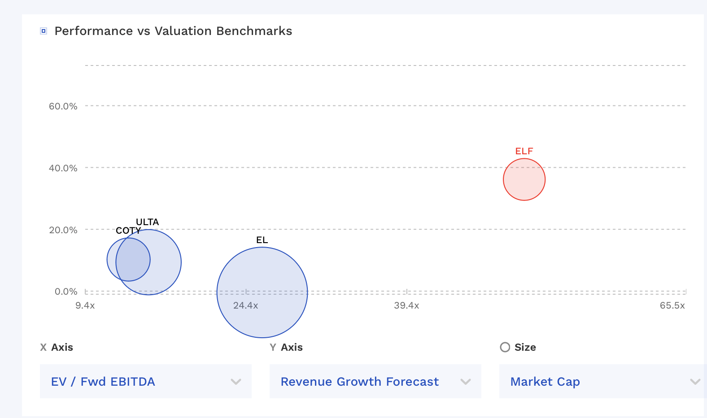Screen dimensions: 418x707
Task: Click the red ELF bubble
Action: click(x=524, y=179)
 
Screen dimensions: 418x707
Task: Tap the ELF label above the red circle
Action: click(x=524, y=151)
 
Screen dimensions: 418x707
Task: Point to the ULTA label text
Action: click(x=147, y=222)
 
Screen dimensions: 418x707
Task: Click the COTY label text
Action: click(x=128, y=231)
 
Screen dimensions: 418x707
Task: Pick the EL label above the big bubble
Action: click(x=262, y=240)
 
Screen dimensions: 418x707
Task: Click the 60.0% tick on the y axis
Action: click(x=63, y=106)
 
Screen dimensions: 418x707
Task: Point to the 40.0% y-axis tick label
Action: click(x=63, y=168)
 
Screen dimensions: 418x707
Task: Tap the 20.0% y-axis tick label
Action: click(x=63, y=230)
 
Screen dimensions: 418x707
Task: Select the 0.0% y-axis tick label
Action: click(x=66, y=292)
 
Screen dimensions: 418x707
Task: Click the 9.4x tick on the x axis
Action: click(x=85, y=305)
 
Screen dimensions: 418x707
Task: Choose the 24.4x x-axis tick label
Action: click(x=245, y=305)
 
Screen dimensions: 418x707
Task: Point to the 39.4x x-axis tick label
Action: click(x=406, y=305)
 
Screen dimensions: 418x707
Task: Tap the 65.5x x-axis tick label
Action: click(x=672, y=305)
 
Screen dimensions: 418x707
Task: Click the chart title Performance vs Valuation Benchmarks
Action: click(x=173, y=31)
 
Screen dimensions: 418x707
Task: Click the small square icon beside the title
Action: click(x=44, y=31)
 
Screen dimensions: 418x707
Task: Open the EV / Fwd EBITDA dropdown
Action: click(x=145, y=381)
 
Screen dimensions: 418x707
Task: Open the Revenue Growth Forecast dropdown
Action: click(x=375, y=381)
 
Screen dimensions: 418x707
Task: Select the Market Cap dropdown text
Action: click(x=545, y=381)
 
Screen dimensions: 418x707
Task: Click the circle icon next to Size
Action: click(x=505, y=347)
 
